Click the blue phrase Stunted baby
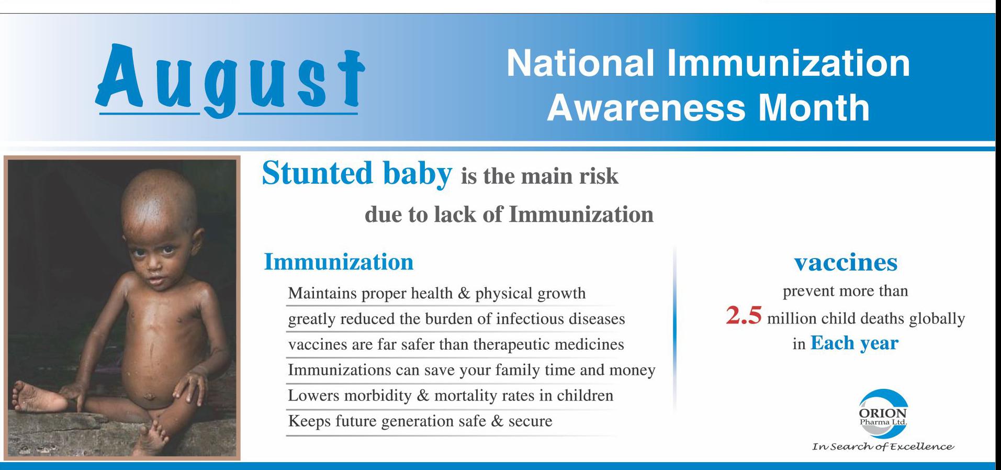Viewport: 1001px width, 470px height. click(x=356, y=173)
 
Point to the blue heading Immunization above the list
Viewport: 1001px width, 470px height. click(x=339, y=262)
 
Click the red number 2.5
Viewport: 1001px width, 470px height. click(x=743, y=316)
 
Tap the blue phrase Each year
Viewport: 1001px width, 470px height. click(x=854, y=343)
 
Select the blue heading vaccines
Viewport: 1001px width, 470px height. click(x=846, y=262)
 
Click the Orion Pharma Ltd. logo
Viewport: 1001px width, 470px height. click(x=883, y=413)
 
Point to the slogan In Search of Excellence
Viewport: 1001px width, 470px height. click(x=883, y=447)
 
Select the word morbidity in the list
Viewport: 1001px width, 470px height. click(x=376, y=395)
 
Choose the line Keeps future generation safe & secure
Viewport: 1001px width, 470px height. click(x=420, y=421)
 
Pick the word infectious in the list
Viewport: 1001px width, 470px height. click(x=522, y=318)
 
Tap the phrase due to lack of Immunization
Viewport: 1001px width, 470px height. click(x=509, y=215)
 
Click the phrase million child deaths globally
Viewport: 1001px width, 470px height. click(x=866, y=319)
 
